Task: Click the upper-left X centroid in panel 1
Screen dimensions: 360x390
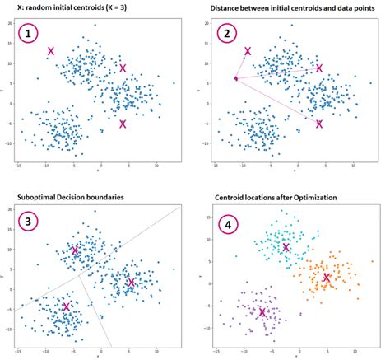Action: click(51, 52)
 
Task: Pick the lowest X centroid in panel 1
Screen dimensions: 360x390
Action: click(123, 124)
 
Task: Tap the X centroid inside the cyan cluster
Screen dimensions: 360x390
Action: click(286, 247)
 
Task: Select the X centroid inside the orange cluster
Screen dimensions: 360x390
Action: click(327, 278)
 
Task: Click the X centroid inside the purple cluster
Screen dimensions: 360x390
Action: click(262, 312)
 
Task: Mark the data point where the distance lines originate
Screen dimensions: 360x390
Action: click(235, 79)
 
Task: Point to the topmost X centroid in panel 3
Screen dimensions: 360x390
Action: click(74, 250)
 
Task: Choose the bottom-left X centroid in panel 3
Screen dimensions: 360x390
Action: click(66, 306)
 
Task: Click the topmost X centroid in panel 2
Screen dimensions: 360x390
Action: click(248, 52)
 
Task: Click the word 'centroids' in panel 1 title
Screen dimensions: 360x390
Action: click(85, 8)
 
